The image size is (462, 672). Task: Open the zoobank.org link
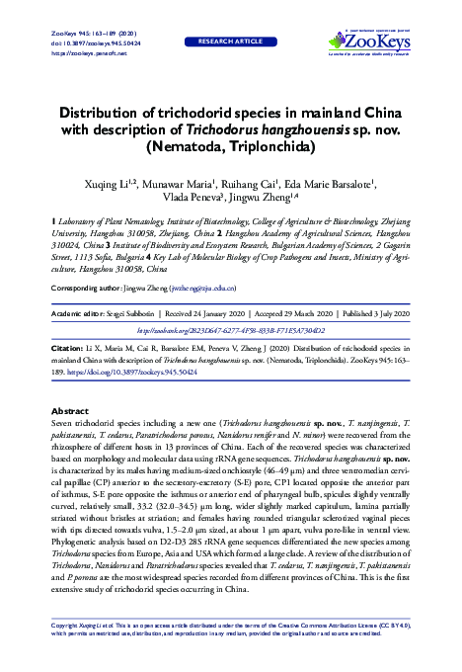coord(230,329)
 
